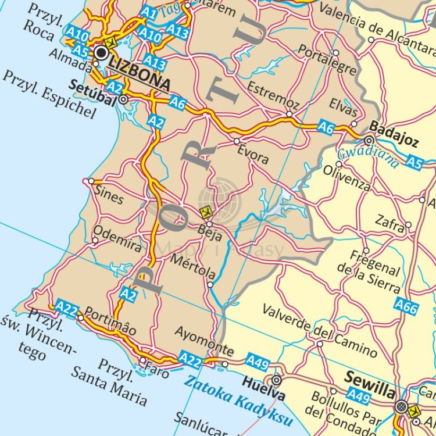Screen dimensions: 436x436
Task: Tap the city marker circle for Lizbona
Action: tap(102, 53)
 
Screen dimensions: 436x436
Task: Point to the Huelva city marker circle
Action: tap(277, 380)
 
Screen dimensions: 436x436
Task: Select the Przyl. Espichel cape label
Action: tap(49, 94)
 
